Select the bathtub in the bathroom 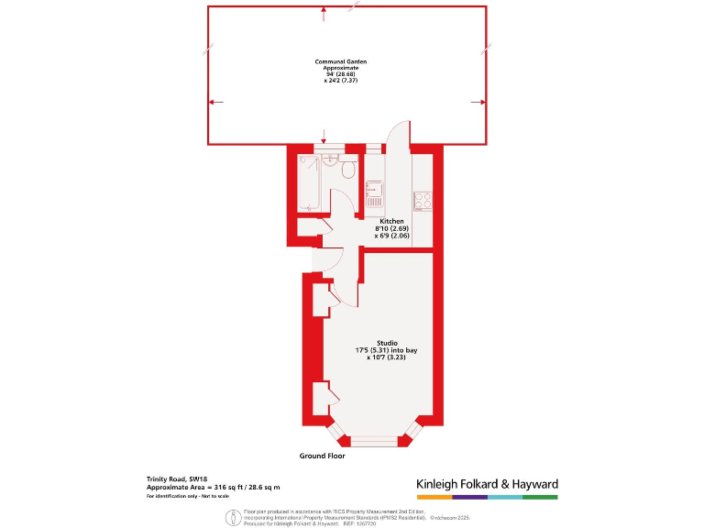pyautogui.click(x=308, y=182)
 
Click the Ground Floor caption pyautogui.click(x=322, y=456)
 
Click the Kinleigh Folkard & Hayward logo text pyautogui.click(x=487, y=484)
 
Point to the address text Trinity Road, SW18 pyautogui.click(x=178, y=478)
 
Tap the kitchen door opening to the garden pyautogui.click(x=397, y=137)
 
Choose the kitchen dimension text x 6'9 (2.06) pyautogui.click(x=391, y=236)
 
